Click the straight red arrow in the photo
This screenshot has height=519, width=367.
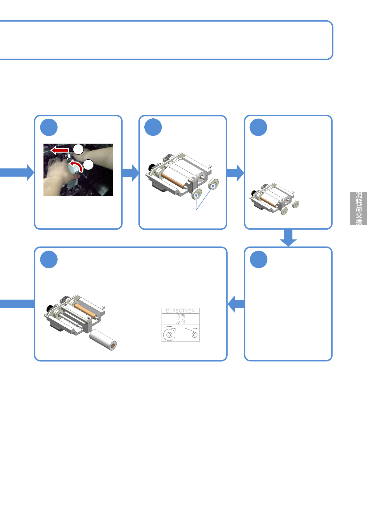click(x=60, y=150)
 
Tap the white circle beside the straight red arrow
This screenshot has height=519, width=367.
click(x=78, y=149)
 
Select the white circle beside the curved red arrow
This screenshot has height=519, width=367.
click(x=88, y=165)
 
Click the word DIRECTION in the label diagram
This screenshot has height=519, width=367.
click(x=180, y=311)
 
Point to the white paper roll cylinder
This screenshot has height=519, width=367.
click(x=103, y=340)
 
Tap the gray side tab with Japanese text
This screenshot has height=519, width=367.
click(x=358, y=209)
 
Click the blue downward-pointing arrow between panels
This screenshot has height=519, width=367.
click(x=288, y=238)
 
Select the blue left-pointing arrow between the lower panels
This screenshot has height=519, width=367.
click(x=236, y=304)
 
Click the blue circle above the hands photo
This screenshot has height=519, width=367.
click(x=49, y=127)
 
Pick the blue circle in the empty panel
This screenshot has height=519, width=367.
click(x=258, y=259)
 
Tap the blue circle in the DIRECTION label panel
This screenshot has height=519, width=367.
click(x=49, y=259)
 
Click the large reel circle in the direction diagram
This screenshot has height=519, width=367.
click(x=169, y=335)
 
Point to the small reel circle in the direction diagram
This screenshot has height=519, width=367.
click(x=195, y=335)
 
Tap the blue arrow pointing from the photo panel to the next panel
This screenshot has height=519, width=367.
click(x=130, y=173)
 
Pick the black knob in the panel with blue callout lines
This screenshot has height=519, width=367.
click(x=151, y=167)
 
